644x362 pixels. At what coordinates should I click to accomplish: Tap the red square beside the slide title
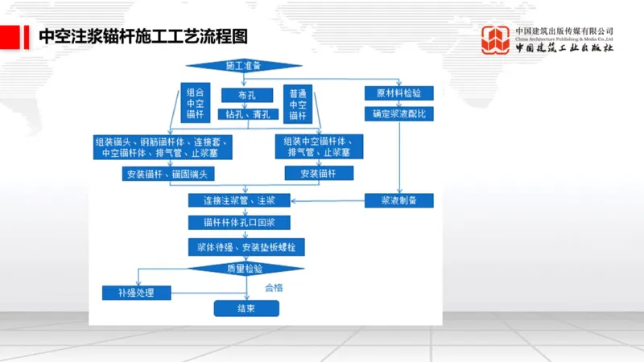[x=10, y=37]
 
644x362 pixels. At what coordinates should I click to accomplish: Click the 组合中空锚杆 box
[x=195, y=104]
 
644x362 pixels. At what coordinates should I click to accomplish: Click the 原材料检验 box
[x=399, y=93]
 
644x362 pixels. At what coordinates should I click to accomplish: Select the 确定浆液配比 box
[x=400, y=114]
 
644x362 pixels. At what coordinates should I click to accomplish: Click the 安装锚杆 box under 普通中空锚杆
[x=320, y=173]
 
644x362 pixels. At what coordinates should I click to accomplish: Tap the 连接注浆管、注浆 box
[x=239, y=200]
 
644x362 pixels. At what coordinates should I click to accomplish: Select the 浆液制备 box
[x=400, y=200]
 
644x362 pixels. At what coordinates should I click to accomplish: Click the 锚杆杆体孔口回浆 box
[x=239, y=222]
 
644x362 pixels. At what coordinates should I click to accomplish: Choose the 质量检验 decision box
[x=245, y=269]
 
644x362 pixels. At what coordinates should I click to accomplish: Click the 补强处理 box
[x=138, y=292]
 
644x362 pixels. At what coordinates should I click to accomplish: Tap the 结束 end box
[x=246, y=308]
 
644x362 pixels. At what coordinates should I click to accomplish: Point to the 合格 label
[x=276, y=286]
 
